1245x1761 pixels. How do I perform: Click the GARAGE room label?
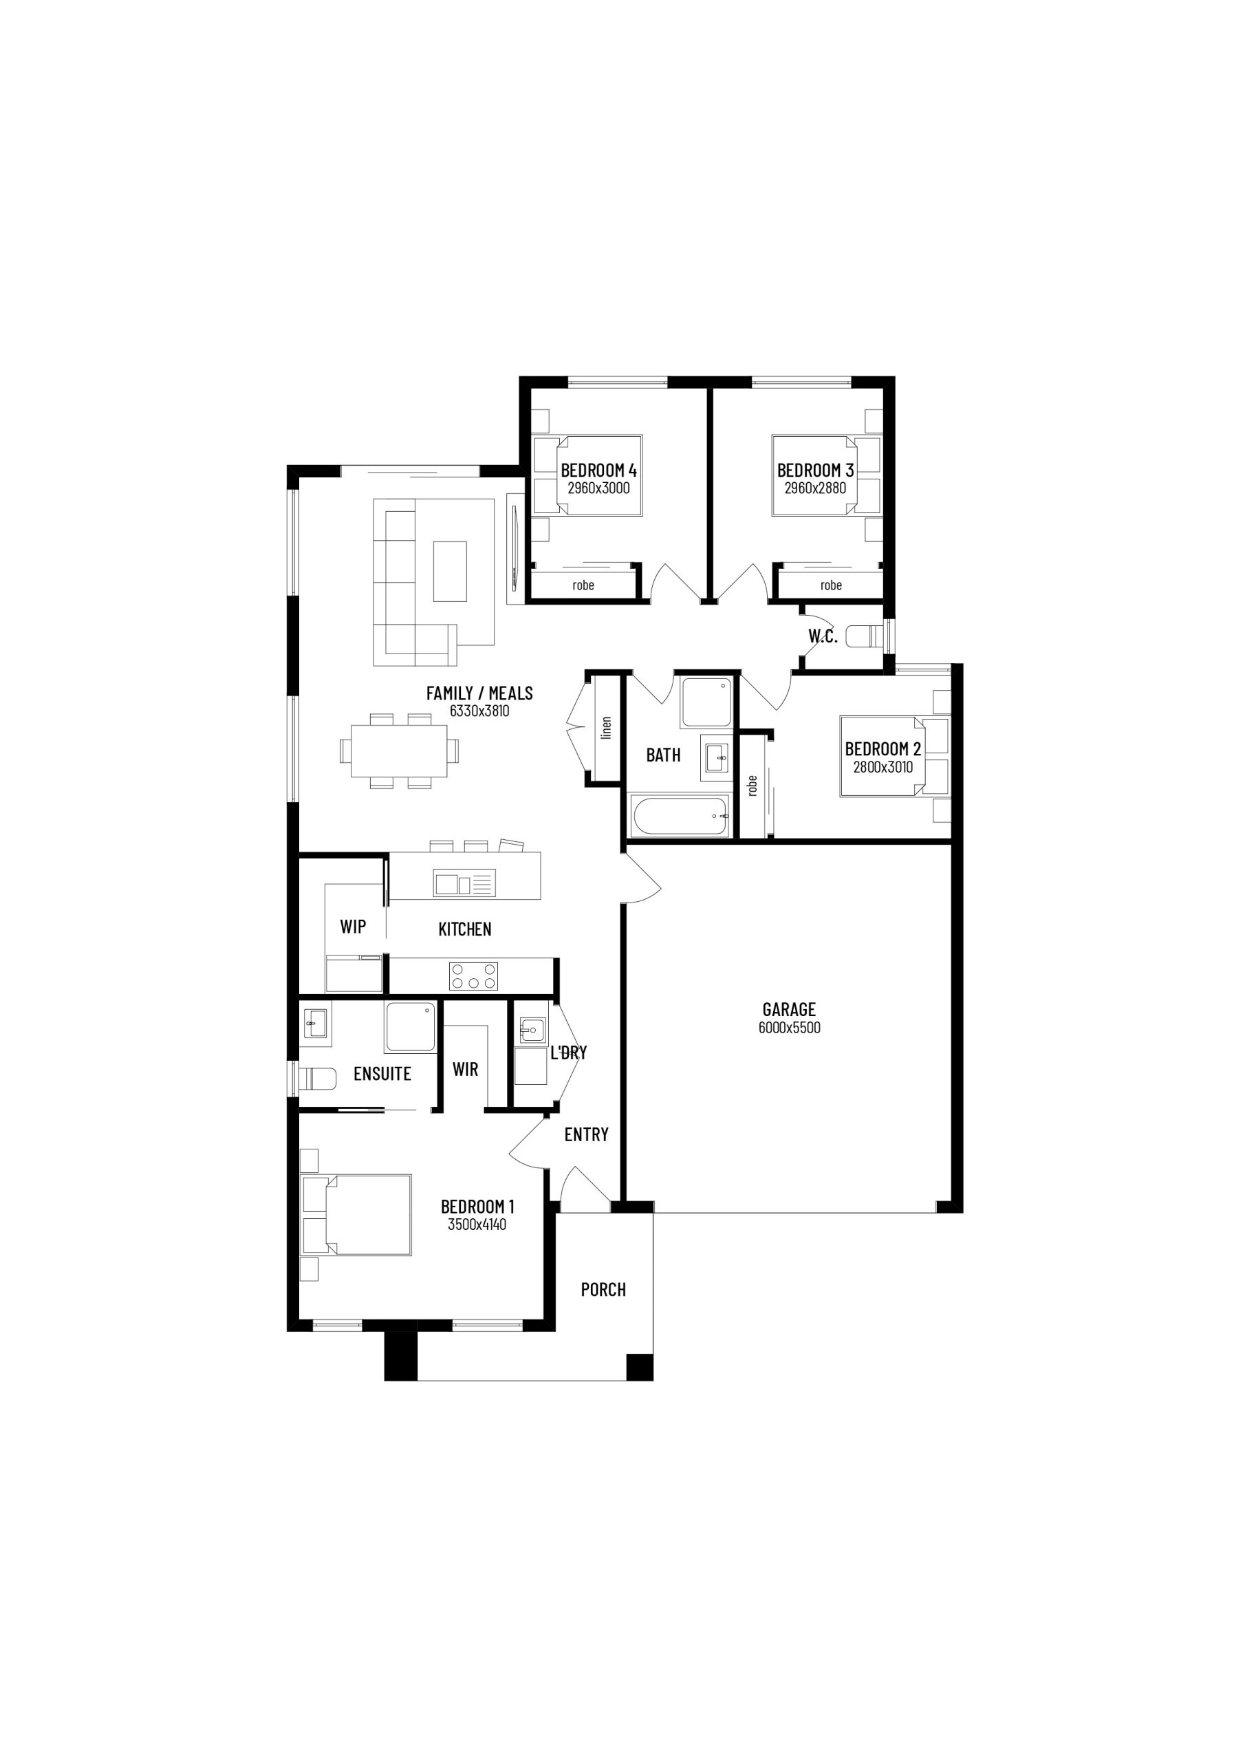[788, 1009]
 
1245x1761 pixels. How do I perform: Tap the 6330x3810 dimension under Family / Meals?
[479, 711]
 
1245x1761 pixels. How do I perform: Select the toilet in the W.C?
[863, 636]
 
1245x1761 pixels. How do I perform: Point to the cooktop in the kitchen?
[474, 976]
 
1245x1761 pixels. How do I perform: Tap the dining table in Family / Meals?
[399, 751]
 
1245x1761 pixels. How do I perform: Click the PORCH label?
[603, 1289]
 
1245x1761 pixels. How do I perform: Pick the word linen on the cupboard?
[607, 727]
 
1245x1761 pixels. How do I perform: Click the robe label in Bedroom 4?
[583, 585]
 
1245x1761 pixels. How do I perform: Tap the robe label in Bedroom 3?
[831, 585]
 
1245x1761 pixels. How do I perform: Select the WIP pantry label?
[353, 927]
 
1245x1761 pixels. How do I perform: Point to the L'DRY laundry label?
[568, 1053]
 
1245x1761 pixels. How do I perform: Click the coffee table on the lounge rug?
[450, 572]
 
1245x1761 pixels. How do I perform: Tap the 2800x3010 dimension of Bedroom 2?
[883, 767]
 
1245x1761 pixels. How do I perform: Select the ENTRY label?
[586, 1134]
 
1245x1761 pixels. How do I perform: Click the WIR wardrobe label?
[465, 1069]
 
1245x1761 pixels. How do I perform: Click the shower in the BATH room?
[706, 702]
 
